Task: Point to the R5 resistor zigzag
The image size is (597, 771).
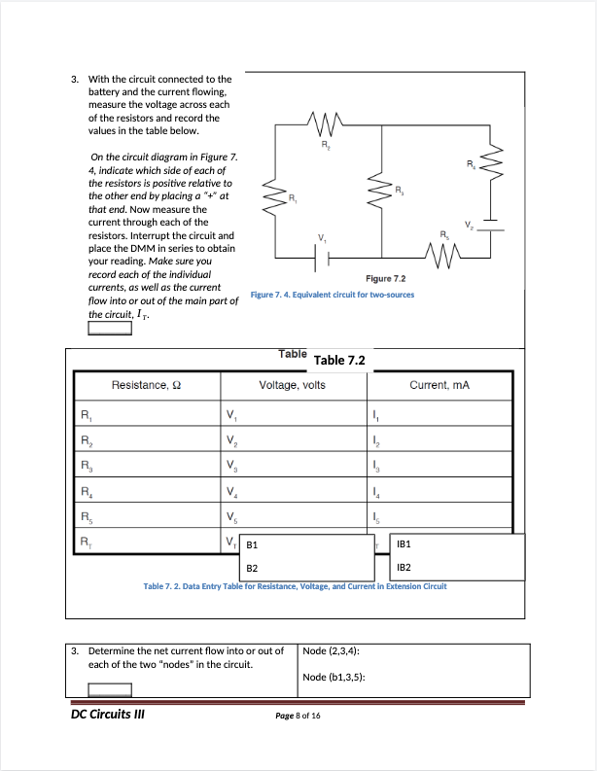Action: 443,256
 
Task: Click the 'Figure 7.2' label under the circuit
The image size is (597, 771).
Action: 386,279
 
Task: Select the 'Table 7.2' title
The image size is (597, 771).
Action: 339,360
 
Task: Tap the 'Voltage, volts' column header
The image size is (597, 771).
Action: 292,386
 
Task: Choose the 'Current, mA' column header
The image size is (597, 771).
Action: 439,386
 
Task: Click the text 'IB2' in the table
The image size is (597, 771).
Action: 405,567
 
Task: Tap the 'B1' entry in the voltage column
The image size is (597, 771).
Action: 252,546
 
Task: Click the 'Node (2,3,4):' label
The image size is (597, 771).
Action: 333,651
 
